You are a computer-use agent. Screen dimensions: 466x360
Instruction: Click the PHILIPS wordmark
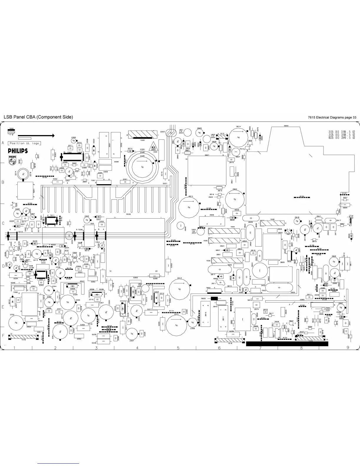click(18, 151)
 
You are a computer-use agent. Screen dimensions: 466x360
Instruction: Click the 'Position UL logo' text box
click(24, 143)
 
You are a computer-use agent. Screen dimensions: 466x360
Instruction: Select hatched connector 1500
click(143, 135)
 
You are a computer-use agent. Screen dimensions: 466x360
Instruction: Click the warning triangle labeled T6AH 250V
click(154, 145)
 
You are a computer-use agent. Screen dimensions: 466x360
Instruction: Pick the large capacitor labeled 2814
click(238, 137)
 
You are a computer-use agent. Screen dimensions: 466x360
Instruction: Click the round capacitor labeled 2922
click(235, 199)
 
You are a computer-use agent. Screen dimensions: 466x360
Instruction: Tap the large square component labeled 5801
click(207, 171)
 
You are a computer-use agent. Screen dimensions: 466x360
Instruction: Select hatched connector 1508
click(272, 223)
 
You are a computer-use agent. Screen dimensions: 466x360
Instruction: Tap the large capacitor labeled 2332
click(16, 323)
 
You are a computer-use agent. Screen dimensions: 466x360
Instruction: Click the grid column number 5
click(178, 348)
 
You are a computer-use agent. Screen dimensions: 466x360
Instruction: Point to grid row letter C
click(3, 223)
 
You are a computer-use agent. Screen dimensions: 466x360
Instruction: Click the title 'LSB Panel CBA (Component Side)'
click(38, 117)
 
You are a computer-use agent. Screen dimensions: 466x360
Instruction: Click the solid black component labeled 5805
click(214, 299)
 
